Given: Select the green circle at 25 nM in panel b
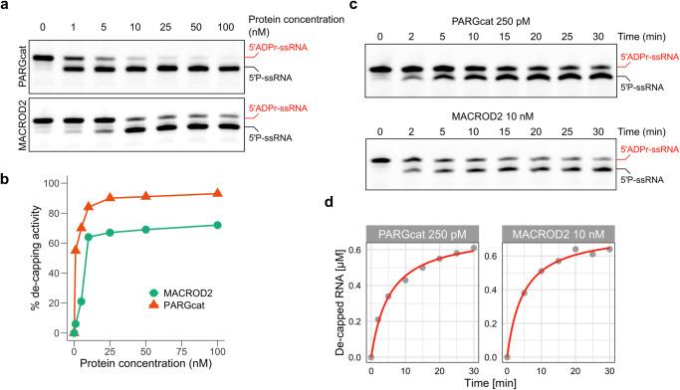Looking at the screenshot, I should point(111,233).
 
